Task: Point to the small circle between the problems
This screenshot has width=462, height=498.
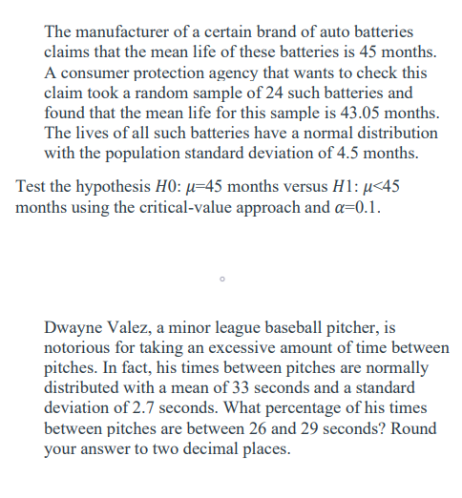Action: (x=220, y=280)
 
